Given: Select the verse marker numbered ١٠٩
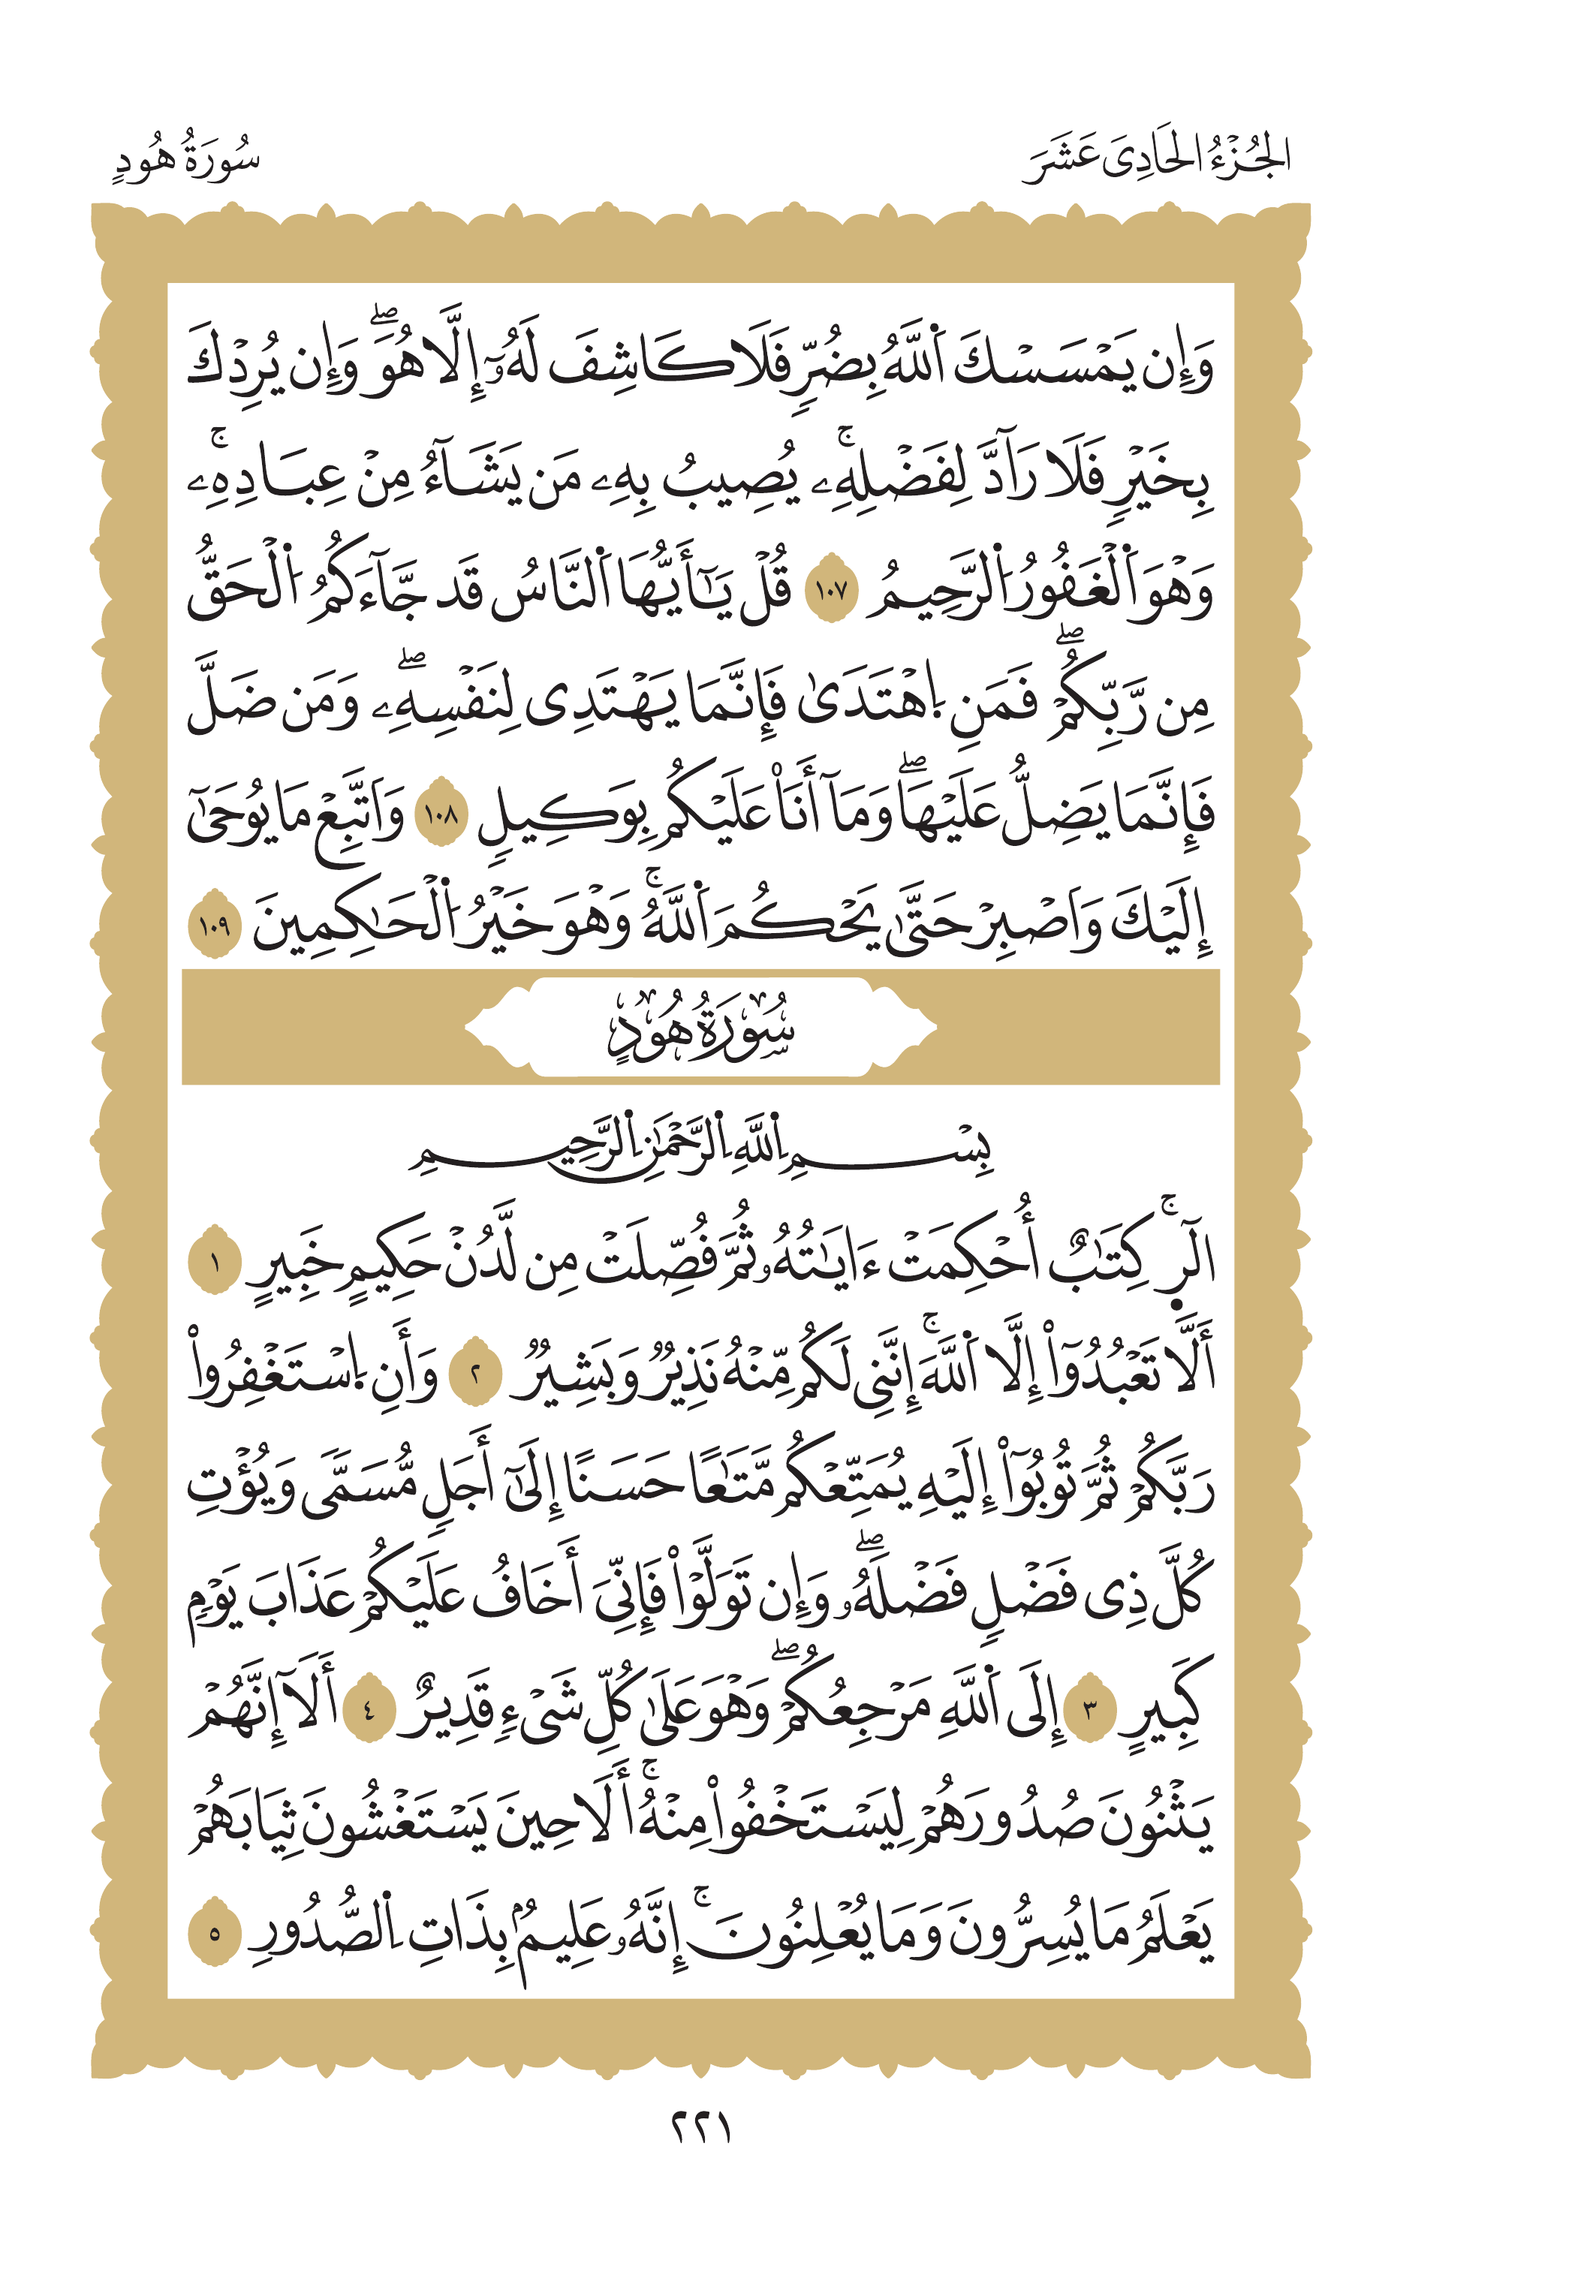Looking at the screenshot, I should (x=215, y=929).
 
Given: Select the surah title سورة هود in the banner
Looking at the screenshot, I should (x=700, y=1028).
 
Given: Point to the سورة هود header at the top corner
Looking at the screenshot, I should (x=186, y=159).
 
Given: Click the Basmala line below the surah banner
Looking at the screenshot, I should (x=700, y=1151).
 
